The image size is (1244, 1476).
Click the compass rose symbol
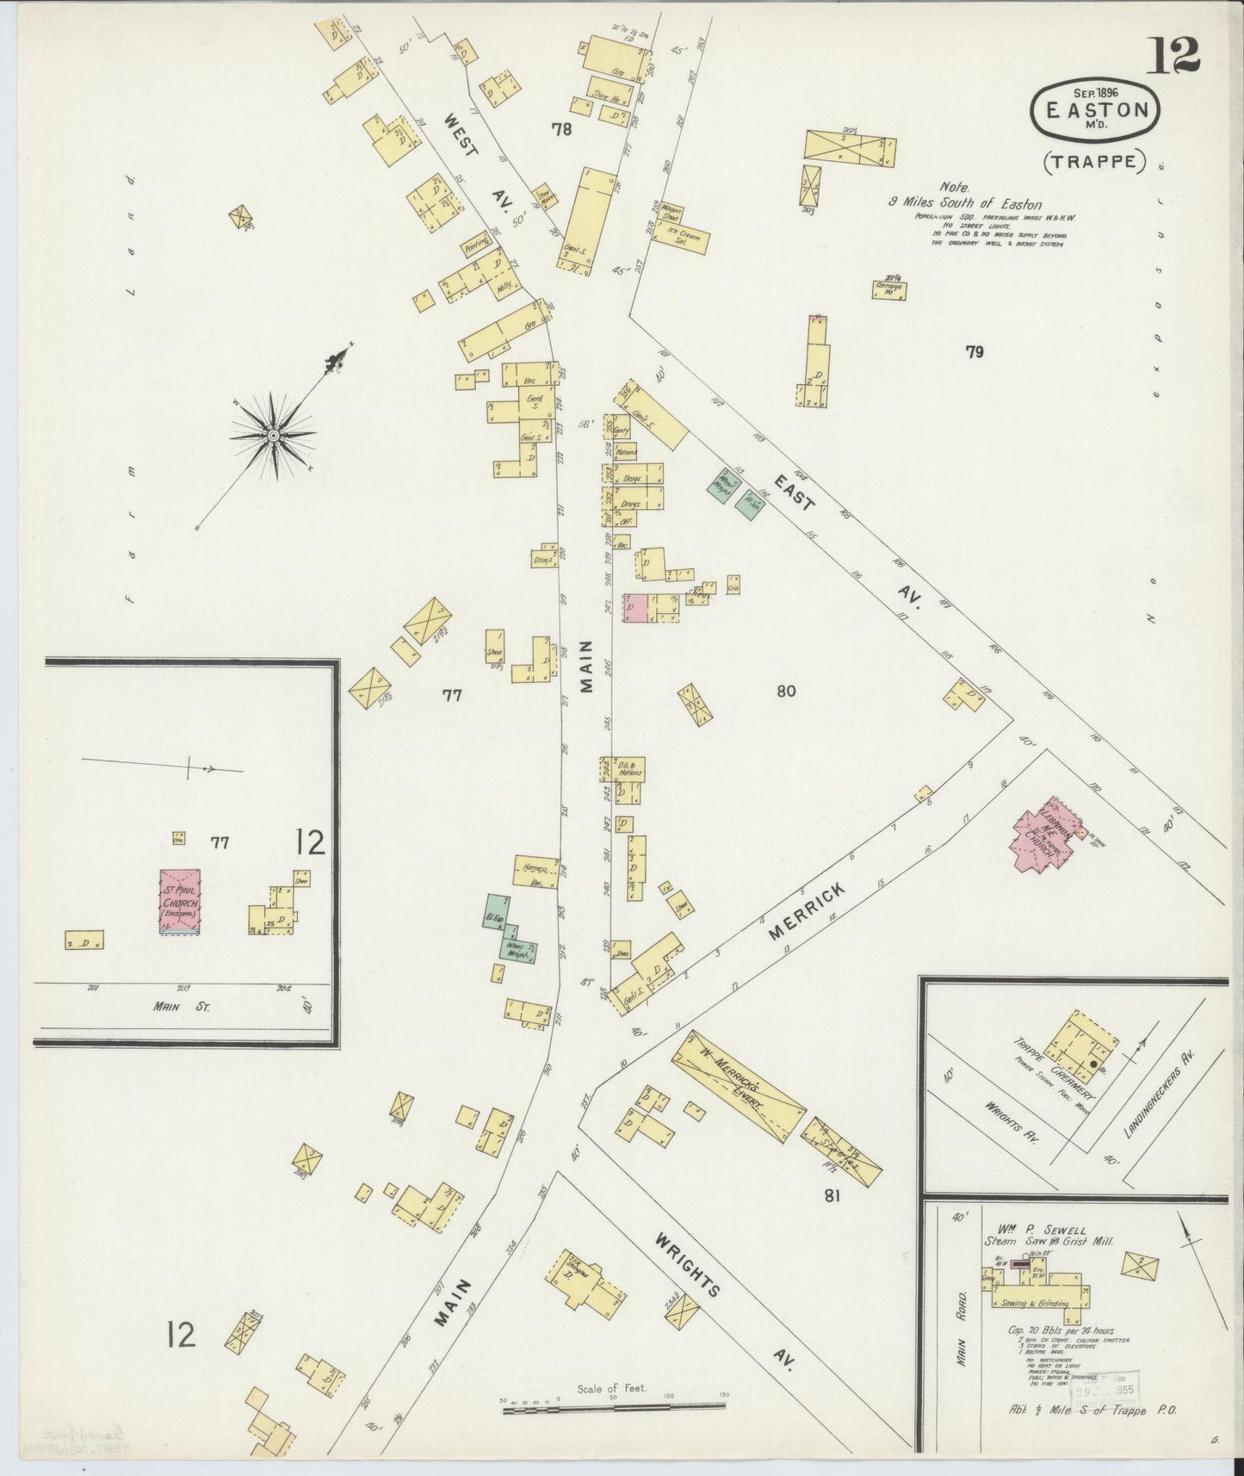[273, 436]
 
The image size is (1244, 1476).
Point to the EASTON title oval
[1096, 111]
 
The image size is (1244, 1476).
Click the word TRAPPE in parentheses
[1097, 160]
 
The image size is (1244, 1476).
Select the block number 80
[785, 690]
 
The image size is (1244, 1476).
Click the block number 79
[975, 351]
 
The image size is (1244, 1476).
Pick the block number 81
[832, 1195]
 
